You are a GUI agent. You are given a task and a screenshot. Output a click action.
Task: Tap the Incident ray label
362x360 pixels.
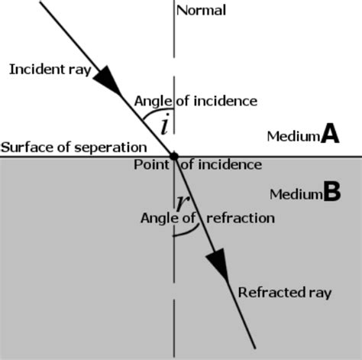click(50, 70)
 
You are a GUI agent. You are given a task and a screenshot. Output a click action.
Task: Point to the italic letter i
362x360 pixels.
click(166, 122)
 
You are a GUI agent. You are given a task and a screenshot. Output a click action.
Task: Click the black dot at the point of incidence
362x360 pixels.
click(174, 157)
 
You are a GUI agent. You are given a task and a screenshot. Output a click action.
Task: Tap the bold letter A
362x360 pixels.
click(329, 135)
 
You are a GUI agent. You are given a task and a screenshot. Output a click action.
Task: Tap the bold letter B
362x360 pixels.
click(331, 193)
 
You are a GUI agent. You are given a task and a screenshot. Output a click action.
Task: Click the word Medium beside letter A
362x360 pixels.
click(293, 137)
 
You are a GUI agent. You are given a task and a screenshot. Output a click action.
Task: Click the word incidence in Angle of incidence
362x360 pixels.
click(225, 101)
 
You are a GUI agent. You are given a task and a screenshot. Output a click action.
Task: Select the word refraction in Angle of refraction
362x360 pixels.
click(239, 218)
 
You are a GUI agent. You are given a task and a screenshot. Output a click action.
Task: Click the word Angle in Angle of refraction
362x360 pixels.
click(158, 218)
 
